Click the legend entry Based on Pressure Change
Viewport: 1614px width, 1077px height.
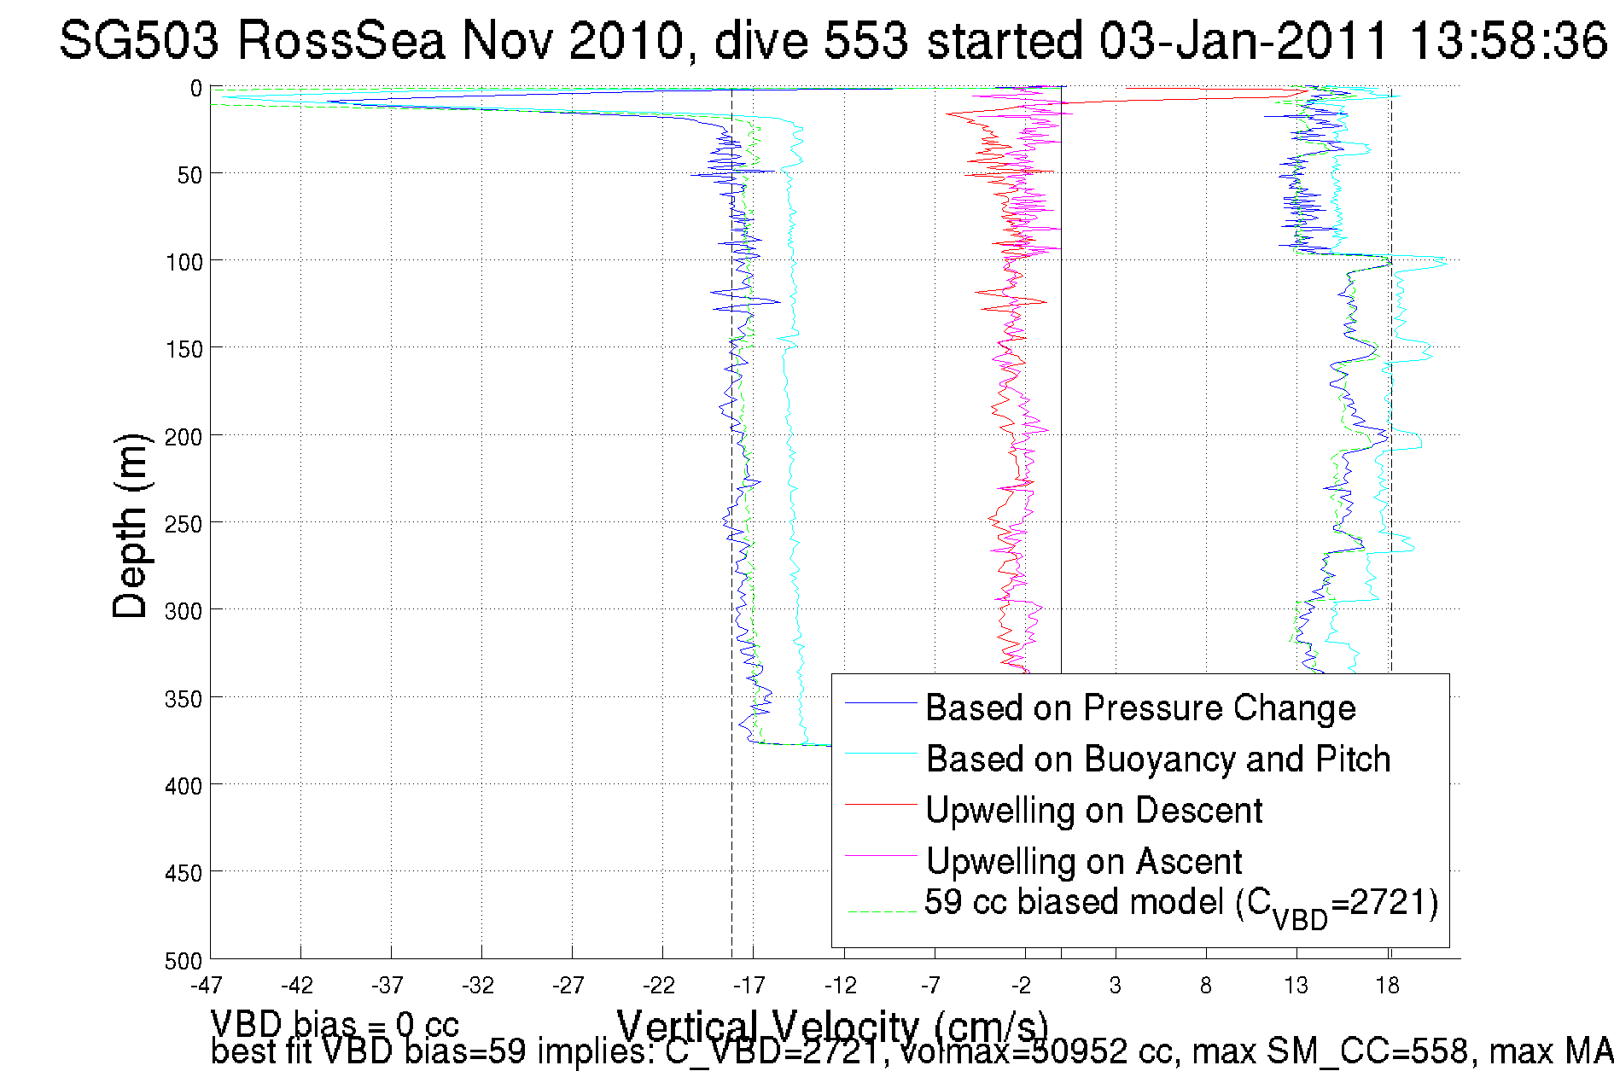click(1139, 708)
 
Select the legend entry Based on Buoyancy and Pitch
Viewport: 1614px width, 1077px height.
click(1157, 760)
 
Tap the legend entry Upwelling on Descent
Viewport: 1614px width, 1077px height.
click(1093, 811)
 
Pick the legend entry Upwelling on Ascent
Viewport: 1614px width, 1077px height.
click(1083, 862)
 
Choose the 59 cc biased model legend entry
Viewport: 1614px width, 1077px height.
click(1180, 905)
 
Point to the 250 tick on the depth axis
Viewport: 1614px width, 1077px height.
click(184, 524)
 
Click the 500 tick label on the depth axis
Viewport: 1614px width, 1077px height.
click(184, 961)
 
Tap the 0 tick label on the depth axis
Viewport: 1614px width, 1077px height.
click(195, 89)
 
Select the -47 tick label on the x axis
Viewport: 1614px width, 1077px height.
click(207, 986)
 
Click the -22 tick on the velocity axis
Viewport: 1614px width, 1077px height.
click(659, 986)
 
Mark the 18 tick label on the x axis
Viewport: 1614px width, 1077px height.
click(1388, 986)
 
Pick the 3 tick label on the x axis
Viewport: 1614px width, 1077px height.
click(1116, 986)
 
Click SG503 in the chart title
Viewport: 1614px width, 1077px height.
click(139, 40)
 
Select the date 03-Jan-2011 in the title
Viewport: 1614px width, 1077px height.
click(1243, 40)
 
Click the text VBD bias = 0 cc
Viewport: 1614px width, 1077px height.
click(334, 1024)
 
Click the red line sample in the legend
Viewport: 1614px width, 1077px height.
click(880, 804)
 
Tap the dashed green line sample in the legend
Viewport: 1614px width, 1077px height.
click(880, 911)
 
